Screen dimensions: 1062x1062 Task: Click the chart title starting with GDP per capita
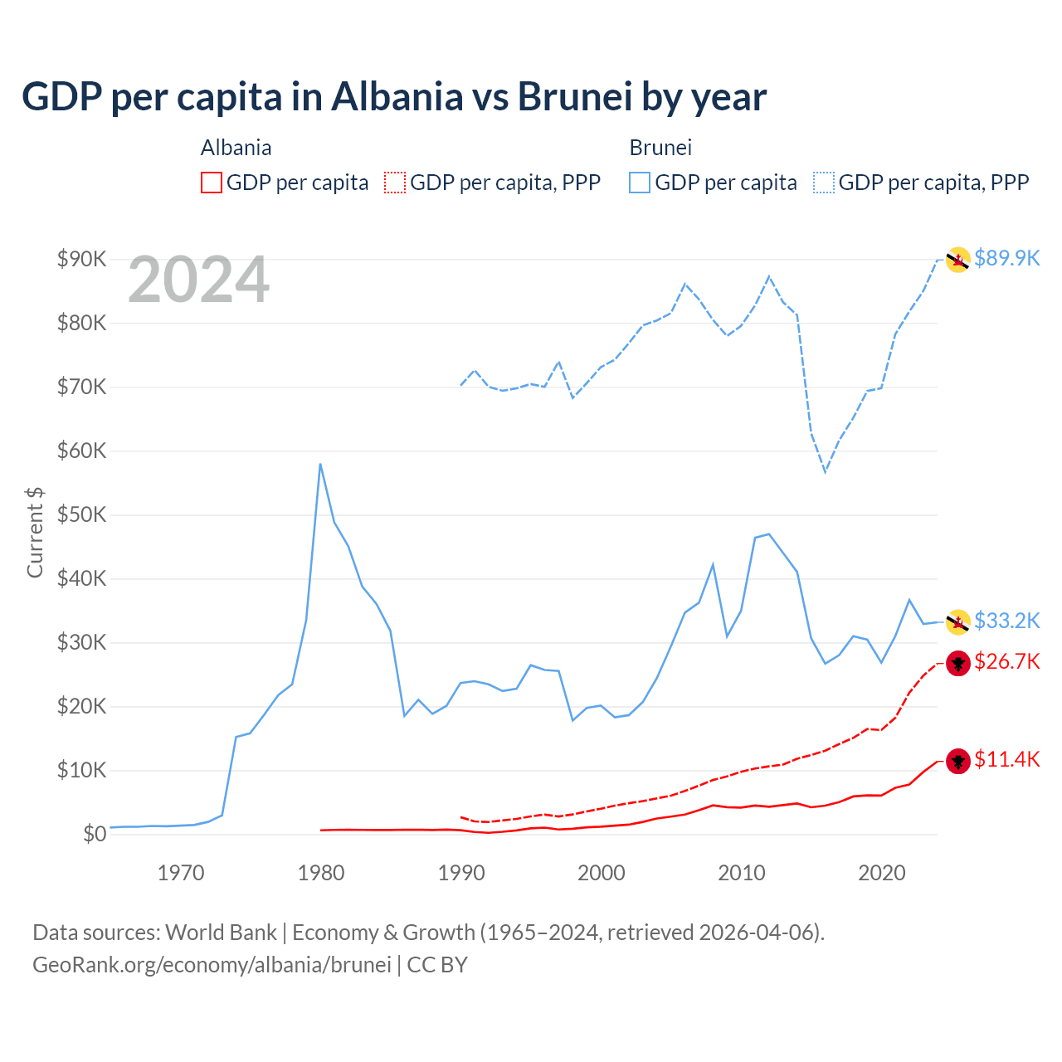(x=394, y=96)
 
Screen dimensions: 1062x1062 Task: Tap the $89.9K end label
(x=1006, y=258)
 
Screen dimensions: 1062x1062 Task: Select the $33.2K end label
(x=1006, y=621)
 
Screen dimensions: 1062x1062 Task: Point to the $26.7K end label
(x=1006, y=661)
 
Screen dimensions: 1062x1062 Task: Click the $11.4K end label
(x=1006, y=759)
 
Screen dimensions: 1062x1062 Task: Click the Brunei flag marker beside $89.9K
(x=958, y=260)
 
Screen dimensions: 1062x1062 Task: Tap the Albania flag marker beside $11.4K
(x=958, y=761)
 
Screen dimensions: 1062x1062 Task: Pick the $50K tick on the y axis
(x=82, y=514)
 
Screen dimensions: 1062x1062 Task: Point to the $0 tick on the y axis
(x=95, y=834)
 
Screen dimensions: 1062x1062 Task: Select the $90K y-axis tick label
(x=82, y=259)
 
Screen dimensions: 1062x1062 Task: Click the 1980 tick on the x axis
(x=321, y=873)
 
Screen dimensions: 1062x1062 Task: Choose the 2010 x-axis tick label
(x=741, y=873)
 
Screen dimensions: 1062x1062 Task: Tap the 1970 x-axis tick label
(x=181, y=873)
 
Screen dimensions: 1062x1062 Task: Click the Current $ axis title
(x=35, y=533)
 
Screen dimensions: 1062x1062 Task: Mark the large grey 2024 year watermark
(x=198, y=280)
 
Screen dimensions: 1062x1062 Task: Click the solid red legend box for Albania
(x=212, y=183)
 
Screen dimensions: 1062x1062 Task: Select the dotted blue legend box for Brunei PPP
(x=824, y=183)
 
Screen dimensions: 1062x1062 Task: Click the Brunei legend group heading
(x=660, y=148)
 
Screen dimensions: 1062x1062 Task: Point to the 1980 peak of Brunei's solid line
(x=320, y=464)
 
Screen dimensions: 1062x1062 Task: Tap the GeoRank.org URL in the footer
(x=212, y=965)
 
